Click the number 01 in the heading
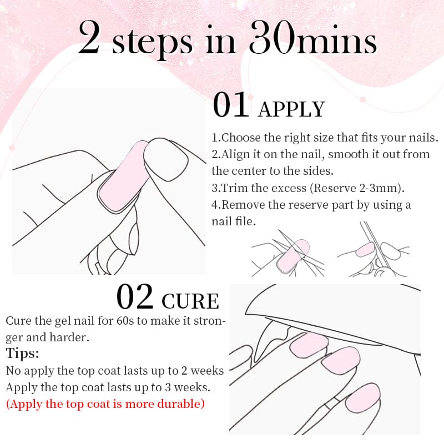click(232, 105)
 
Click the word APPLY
click(291, 109)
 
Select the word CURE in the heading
click(190, 301)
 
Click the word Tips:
click(23, 354)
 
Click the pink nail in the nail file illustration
click(365, 249)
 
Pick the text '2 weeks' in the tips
click(204, 371)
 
